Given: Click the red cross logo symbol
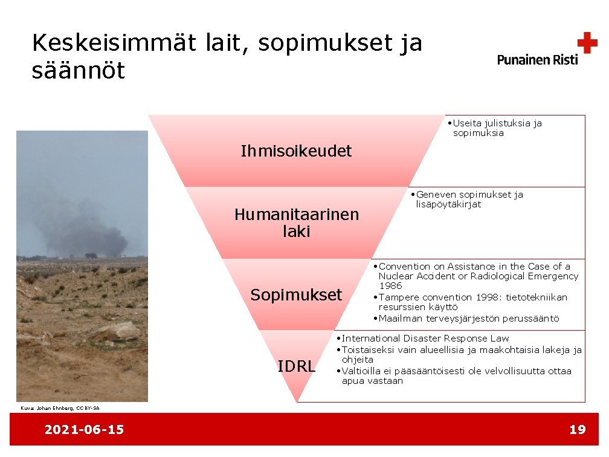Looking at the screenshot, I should tap(587, 43).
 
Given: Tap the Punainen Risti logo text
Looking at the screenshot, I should tap(537, 59).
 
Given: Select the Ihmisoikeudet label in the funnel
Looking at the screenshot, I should tap(296, 151).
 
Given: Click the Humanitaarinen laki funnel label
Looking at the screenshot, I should tap(296, 222).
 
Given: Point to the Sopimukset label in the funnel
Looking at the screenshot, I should tap(296, 295).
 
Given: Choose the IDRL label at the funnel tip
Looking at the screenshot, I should tap(296, 366).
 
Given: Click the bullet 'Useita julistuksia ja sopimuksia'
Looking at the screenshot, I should tap(497, 128).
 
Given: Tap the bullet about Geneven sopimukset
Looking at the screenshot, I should tap(469, 199).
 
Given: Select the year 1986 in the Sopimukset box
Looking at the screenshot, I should tap(390, 285).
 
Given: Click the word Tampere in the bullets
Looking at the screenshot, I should tap(398, 297).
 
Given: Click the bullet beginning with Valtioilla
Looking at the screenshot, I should tap(456, 375).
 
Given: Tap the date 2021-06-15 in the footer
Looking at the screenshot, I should tap(84, 430).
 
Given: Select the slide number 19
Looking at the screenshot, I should tap(577, 430).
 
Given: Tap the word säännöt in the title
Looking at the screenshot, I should tap(78, 71).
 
